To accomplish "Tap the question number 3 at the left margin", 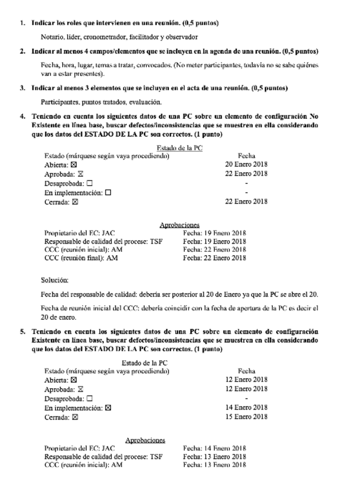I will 22,88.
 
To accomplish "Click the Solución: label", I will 55,280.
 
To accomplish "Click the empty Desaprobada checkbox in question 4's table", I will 89,183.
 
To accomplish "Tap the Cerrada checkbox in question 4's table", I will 74,202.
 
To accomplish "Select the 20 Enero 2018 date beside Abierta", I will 246,164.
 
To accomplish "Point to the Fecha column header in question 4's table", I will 246,155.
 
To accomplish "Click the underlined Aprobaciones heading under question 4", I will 179,225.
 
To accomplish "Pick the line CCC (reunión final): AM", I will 81,258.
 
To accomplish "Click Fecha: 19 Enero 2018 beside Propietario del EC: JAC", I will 214,234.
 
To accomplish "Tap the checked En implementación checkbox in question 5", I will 108,408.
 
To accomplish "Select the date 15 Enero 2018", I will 246,417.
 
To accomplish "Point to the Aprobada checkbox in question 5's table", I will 81,389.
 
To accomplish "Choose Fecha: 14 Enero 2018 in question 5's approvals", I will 214,448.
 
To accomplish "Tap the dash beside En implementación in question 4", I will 246,192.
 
